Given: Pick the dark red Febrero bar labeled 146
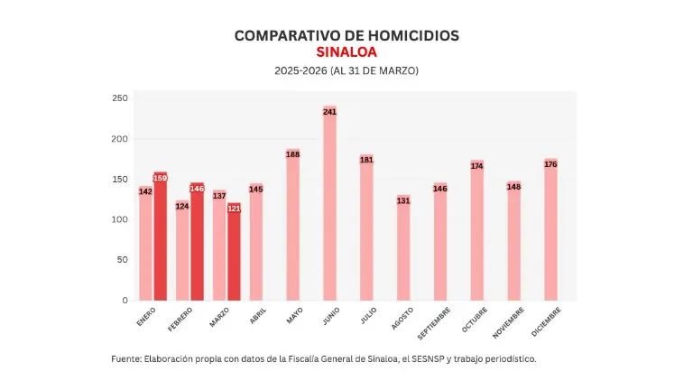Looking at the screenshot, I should point(198,244).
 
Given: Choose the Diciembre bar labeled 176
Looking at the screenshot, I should point(550,230).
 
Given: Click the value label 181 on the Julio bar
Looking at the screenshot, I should point(366,160).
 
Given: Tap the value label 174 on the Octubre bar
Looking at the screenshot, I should point(476,165).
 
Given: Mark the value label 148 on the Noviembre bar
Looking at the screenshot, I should point(513,187).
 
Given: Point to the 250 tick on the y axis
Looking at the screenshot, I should point(120,98).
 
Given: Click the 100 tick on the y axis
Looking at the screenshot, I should point(120,219).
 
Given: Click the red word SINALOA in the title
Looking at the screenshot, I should point(346,52).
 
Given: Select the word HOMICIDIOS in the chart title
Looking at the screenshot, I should point(411,35).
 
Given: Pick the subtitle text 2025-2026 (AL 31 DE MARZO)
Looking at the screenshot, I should point(346,70).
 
